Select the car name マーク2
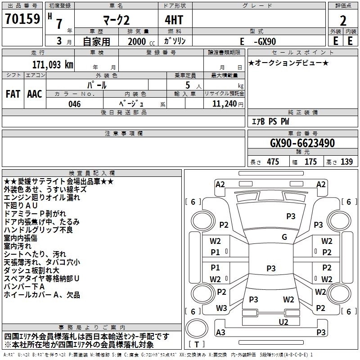coord(115,21)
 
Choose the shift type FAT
coord(13,94)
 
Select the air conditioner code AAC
coord(34,94)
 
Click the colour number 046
coord(75,104)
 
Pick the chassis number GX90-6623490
coord(302,143)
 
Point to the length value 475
coord(273,162)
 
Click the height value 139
coord(346,162)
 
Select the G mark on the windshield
coord(284,237)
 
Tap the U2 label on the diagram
coord(283,322)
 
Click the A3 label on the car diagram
coord(220,332)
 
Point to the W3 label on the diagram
coord(221,308)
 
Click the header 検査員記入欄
coord(92,173)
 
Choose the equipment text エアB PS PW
coord(270,121)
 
